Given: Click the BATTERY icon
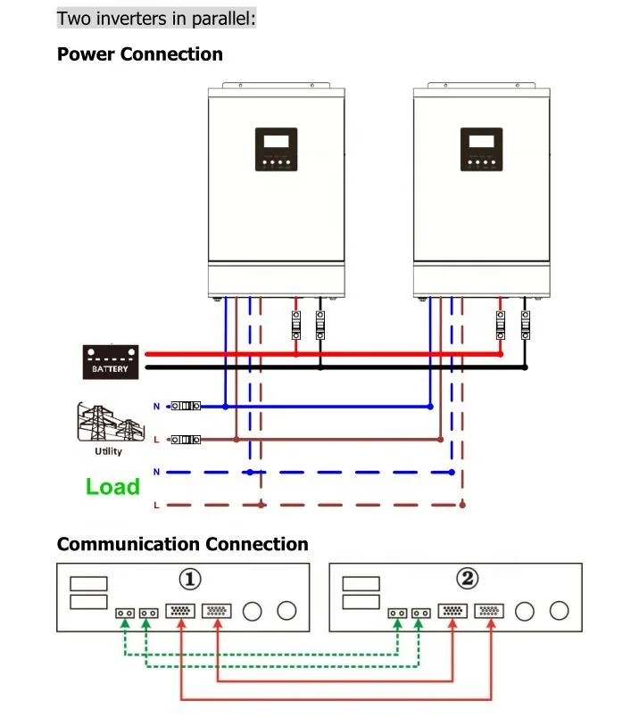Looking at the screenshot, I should (110, 360).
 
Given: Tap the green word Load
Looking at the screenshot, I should (112, 487).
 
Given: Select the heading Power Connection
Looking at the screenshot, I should (139, 54).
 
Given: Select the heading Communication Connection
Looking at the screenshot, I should (182, 544).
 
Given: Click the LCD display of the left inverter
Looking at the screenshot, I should (276, 141).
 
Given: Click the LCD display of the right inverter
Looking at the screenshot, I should (481, 141).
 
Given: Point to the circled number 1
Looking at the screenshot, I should (189, 580).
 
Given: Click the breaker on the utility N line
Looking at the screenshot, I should (186, 407).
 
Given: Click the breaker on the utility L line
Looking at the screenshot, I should (186, 440).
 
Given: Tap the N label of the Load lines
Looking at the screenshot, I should (157, 471).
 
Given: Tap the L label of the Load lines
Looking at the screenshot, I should (157, 506).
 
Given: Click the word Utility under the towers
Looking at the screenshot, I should (109, 452).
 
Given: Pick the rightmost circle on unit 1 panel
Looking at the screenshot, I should (286, 611).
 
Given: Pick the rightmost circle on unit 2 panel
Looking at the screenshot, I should (560, 611).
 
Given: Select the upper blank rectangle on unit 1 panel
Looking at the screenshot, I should (89, 583).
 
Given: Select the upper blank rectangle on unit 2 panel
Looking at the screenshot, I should (361, 583).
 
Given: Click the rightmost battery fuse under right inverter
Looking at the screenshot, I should (525, 326).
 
